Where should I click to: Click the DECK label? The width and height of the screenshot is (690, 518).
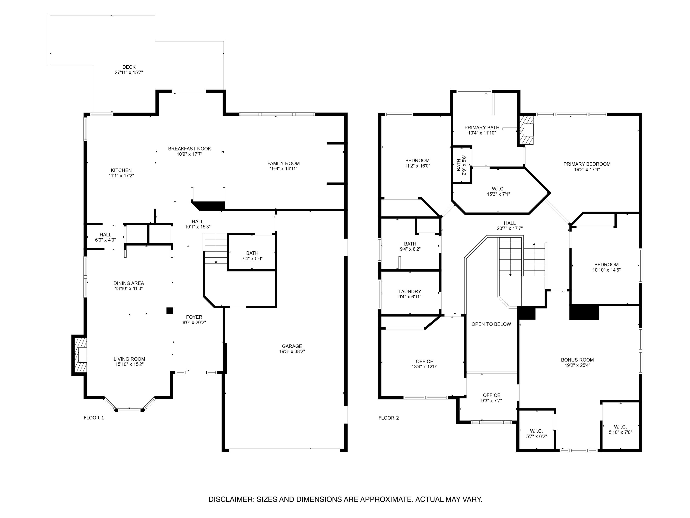coord(129,67)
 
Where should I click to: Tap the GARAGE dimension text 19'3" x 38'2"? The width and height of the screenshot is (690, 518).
coord(292,351)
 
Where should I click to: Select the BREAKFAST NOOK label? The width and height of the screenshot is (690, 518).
coord(189,149)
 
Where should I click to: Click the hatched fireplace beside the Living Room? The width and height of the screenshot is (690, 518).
coord(80,355)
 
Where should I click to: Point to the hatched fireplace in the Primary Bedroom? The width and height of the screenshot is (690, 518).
coord(526,131)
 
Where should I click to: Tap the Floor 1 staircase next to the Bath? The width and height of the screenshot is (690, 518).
coord(216,248)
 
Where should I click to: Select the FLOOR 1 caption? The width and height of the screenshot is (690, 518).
coord(94,418)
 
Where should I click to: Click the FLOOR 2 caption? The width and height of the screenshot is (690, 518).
coord(388,418)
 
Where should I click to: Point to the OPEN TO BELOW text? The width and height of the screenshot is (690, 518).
coord(491,324)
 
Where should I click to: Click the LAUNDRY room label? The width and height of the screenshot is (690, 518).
coord(410,291)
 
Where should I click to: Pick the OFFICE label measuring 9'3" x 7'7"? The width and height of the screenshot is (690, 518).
coord(491,395)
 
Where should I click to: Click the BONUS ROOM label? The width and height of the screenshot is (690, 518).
coord(577,360)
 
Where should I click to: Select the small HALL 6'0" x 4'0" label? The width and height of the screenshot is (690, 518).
coord(105,235)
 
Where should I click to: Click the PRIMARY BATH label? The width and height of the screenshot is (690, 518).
coord(482,127)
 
